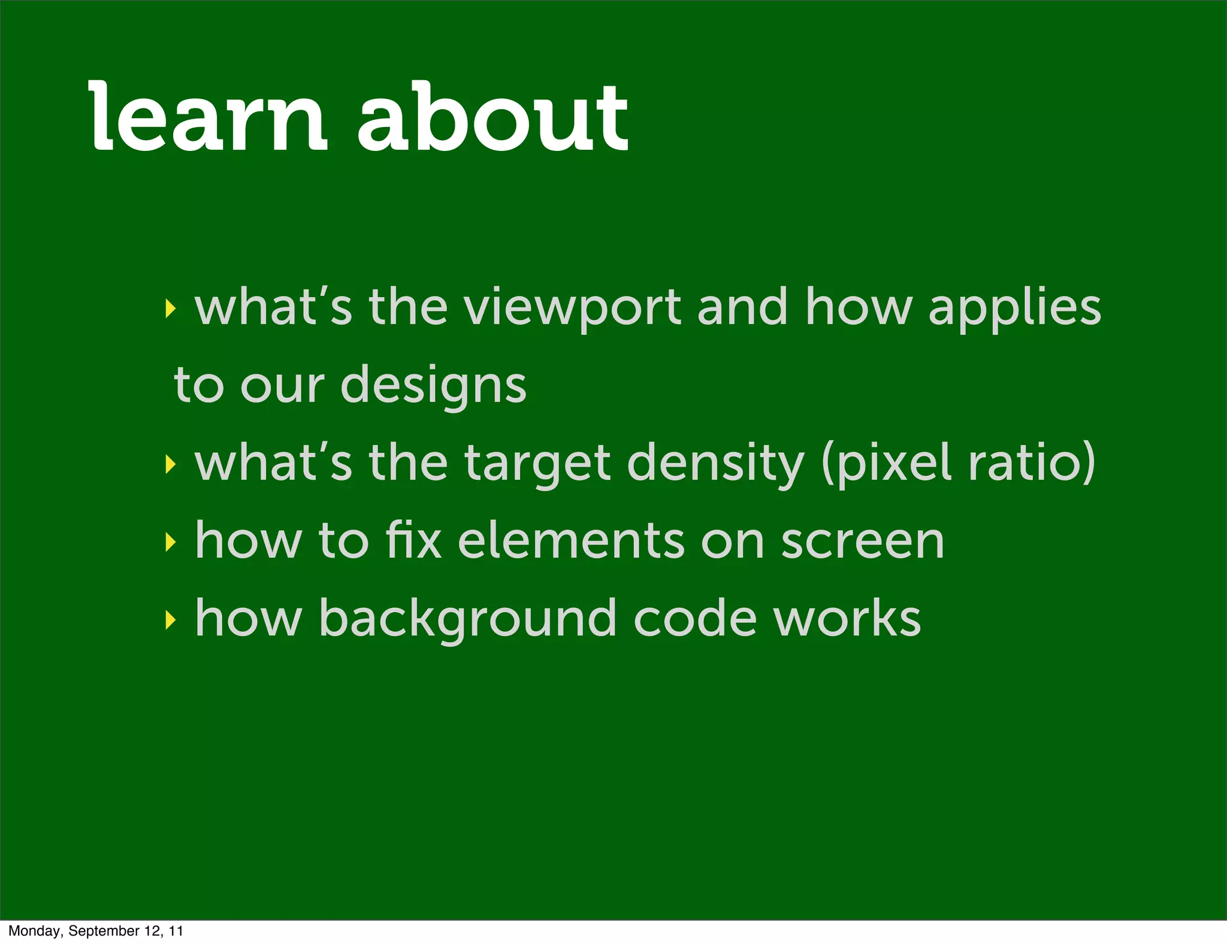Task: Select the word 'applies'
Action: [x=1014, y=309]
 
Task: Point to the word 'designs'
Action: [x=433, y=387]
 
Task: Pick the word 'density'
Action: [x=715, y=465]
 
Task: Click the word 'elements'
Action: [x=571, y=540]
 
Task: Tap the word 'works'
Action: [x=847, y=618]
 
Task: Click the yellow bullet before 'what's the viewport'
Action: [x=171, y=309]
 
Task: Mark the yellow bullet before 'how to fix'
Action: [x=171, y=542]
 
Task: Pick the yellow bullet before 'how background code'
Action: [x=171, y=621]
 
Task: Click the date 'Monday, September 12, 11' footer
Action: [x=96, y=931]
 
